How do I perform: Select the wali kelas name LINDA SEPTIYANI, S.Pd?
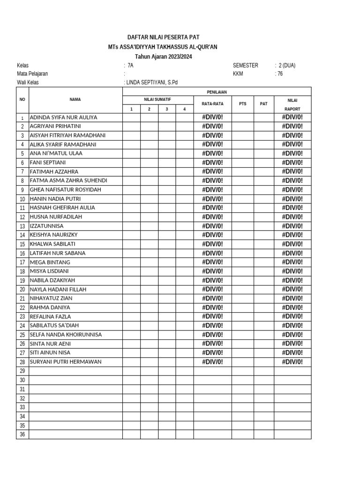[x=152, y=82]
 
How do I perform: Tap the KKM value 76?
[x=280, y=74]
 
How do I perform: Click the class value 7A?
[x=130, y=66]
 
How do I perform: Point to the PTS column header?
[x=242, y=104]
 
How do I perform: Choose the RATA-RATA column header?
[x=212, y=104]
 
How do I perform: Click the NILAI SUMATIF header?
[x=158, y=100]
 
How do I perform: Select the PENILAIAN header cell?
[x=217, y=92]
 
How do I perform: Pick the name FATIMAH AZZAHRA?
[x=54, y=172]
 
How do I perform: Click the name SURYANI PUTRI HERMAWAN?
[x=66, y=362]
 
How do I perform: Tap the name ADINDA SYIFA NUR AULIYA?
[x=63, y=117]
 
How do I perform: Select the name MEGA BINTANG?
[x=50, y=262]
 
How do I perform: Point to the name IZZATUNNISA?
[x=46, y=226]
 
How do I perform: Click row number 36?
[x=22, y=435]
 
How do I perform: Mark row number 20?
[x=22, y=290]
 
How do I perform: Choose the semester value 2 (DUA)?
[x=286, y=66]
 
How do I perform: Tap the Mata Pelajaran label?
[x=32, y=74]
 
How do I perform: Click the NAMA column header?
[x=75, y=99]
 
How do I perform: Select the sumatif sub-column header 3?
[x=167, y=109]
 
